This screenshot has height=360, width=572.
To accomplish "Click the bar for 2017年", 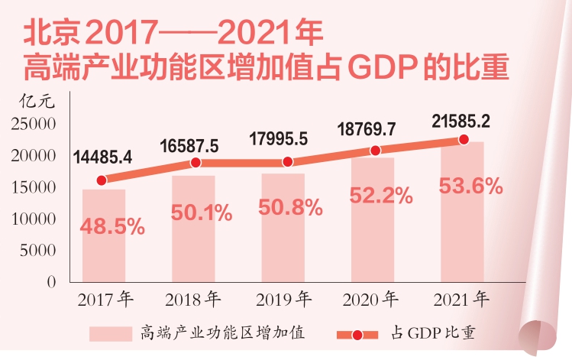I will pyautogui.click(x=104, y=235).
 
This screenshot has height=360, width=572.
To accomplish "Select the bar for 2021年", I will pyautogui.click(x=462, y=212).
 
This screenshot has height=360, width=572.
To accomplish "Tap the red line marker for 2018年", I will pyautogui.click(x=195, y=163).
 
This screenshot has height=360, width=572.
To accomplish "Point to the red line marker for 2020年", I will pyautogui.click(x=375, y=151).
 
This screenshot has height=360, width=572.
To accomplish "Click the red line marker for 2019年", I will pyautogui.click(x=287, y=161).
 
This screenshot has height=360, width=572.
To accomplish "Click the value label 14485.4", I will pyautogui.click(x=103, y=157).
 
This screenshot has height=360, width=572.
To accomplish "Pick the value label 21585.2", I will pyautogui.click(x=461, y=120).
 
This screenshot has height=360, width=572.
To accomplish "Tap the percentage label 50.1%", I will pyautogui.click(x=202, y=213).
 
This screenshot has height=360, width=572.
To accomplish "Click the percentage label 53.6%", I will pyautogui.click(x=471, y=186).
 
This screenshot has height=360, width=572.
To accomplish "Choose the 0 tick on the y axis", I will pyautogui.click(x=51, y=281).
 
